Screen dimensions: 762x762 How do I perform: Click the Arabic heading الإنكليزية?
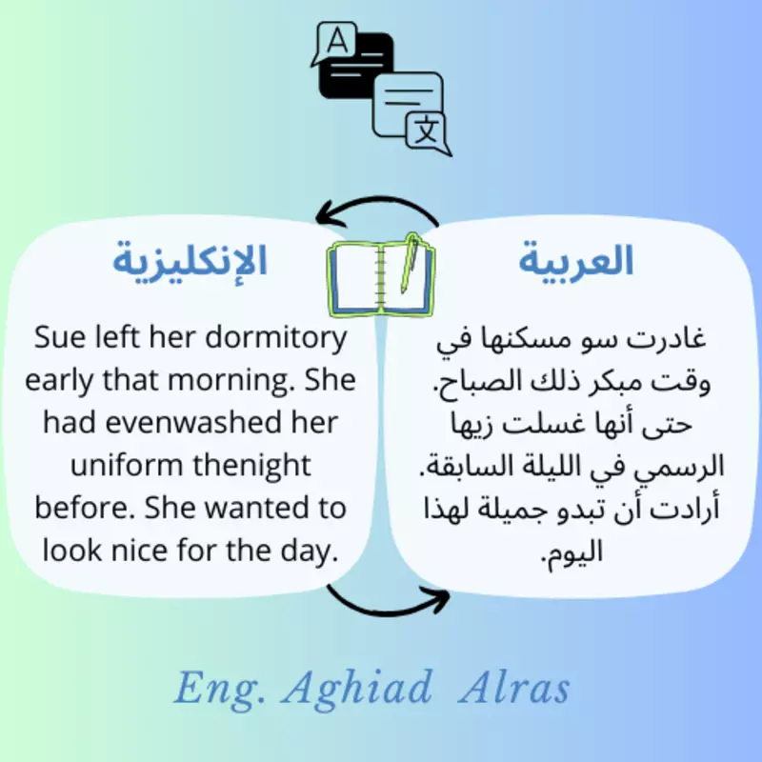point(190,260)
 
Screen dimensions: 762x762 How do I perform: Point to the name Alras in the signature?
point(513,688)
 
